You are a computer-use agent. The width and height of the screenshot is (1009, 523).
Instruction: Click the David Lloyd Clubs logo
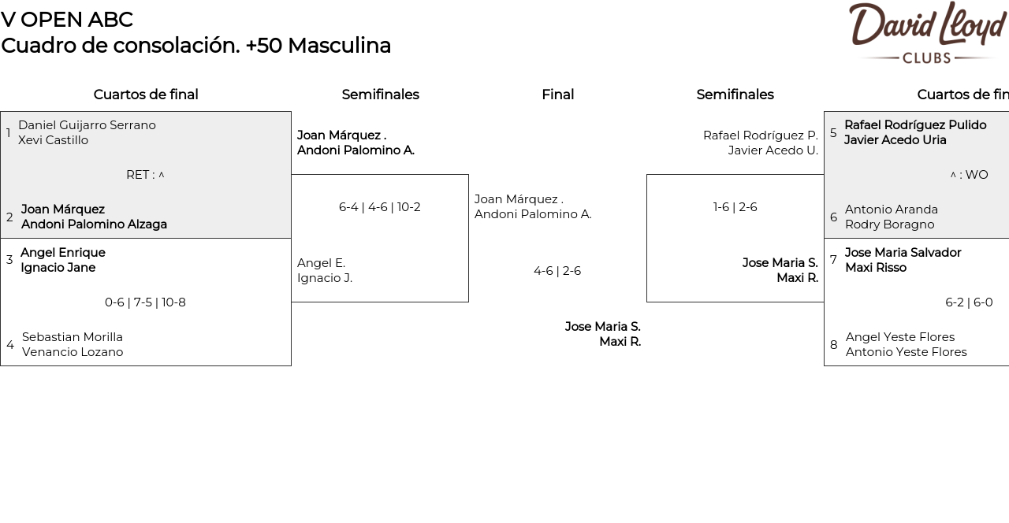(x=928, y=32)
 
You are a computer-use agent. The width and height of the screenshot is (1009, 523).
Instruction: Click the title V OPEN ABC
(x=67, y=20)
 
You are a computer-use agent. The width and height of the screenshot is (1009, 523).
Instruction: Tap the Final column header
(x=557, y=95)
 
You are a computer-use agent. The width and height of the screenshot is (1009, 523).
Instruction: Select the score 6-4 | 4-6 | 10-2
(x=380, y=207)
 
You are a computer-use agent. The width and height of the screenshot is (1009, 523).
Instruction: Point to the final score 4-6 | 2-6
(x=557, y=271)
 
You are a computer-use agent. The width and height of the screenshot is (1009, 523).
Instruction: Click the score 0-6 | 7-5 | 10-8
(x=145, y=302)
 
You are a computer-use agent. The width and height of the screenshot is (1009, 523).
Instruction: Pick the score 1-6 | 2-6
(x=735, y=207)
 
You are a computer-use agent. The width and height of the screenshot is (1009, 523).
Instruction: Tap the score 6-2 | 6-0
(x=969, y=302)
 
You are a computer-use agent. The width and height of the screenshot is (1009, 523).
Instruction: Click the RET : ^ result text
(x=145, y=175)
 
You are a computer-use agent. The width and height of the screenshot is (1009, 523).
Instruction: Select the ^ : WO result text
(x=969, y=175)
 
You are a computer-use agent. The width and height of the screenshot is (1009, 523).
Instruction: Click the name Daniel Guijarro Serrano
(x=87, y=125)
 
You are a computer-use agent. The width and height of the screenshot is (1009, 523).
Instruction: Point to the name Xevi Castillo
(x=53, y=140)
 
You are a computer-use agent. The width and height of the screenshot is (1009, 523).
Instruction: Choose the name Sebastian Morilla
(x=72, y=337)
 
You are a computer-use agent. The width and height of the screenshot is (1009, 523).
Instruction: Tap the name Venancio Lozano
(x=73, y=352)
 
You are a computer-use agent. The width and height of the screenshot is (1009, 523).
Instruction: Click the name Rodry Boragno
(x=890, y=224)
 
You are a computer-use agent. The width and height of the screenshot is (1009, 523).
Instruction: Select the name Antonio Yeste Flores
(x=907, y=352)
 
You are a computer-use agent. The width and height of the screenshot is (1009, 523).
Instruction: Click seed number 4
(x=10, y=345)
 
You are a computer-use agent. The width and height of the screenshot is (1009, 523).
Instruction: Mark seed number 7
(x=833, y=260)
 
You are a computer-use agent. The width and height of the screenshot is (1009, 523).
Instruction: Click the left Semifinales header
(x=380, y=95)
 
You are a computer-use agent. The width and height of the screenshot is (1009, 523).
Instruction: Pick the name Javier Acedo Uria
(x=895, y=140)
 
